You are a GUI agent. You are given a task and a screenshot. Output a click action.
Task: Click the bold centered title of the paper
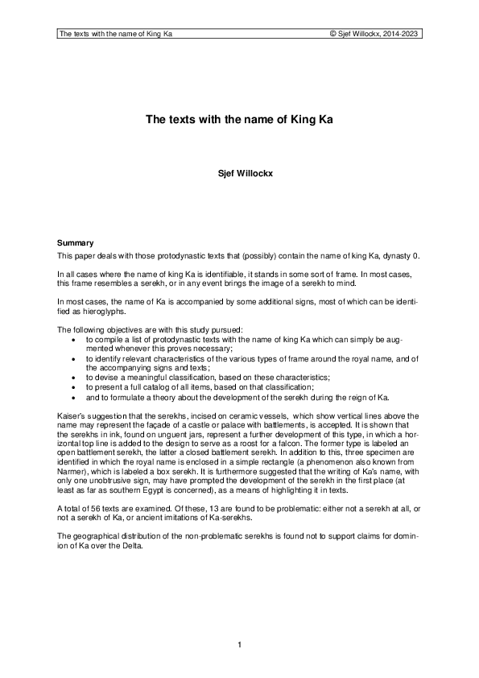(239, 120)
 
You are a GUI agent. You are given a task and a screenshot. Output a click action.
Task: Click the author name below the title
(239, 172)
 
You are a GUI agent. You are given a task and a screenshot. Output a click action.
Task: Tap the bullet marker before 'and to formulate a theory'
(75, 397)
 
